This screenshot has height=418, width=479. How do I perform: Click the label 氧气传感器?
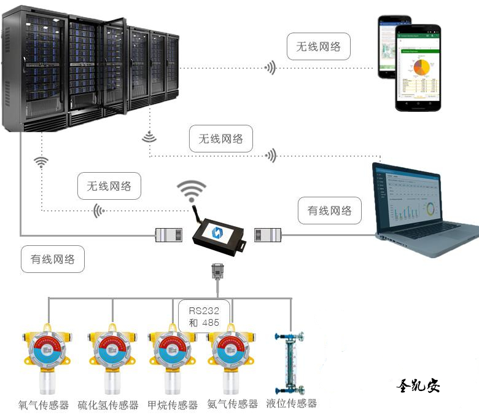click(45, 405)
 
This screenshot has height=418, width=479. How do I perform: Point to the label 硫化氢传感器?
click(108, 405)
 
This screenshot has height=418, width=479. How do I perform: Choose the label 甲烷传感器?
click(173, 405)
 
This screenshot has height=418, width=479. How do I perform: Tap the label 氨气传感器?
click(232, 404)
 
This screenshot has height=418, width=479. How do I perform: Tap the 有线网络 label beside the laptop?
click(329, 211)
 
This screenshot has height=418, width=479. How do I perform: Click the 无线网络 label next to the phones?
click(318, 46)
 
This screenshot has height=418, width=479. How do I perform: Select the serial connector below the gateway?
click(216, 270)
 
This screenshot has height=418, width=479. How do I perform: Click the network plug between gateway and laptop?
click(268, 234)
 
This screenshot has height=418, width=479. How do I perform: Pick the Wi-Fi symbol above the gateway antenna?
click(192, 189)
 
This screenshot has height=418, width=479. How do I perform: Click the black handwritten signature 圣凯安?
click(418, 385)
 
